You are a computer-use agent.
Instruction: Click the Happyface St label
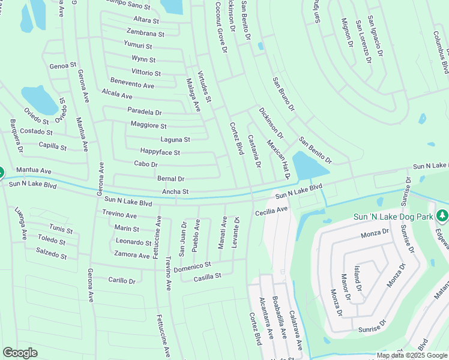pos(160,152)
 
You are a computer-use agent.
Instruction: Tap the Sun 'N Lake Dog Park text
pos(394,216)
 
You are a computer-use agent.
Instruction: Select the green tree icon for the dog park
pos(442,215)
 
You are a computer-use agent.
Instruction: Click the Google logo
pos(20,353)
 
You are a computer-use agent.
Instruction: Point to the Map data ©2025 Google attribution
pos(412,355)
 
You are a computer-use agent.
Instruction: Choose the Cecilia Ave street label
pos(271,211)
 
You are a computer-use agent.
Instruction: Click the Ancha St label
pos(175,192)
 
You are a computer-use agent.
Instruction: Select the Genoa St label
pos(63,65)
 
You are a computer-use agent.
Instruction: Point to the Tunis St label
pos(61,229)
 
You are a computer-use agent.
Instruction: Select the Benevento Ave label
pos(132,85)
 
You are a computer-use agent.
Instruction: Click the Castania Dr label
pos(255,151)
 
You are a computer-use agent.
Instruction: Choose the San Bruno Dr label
pos(283,94)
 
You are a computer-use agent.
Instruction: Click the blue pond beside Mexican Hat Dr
pos(309,164)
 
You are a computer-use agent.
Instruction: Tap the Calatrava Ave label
pos(296,331)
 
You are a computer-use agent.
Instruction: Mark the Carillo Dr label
pos(122,280)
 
